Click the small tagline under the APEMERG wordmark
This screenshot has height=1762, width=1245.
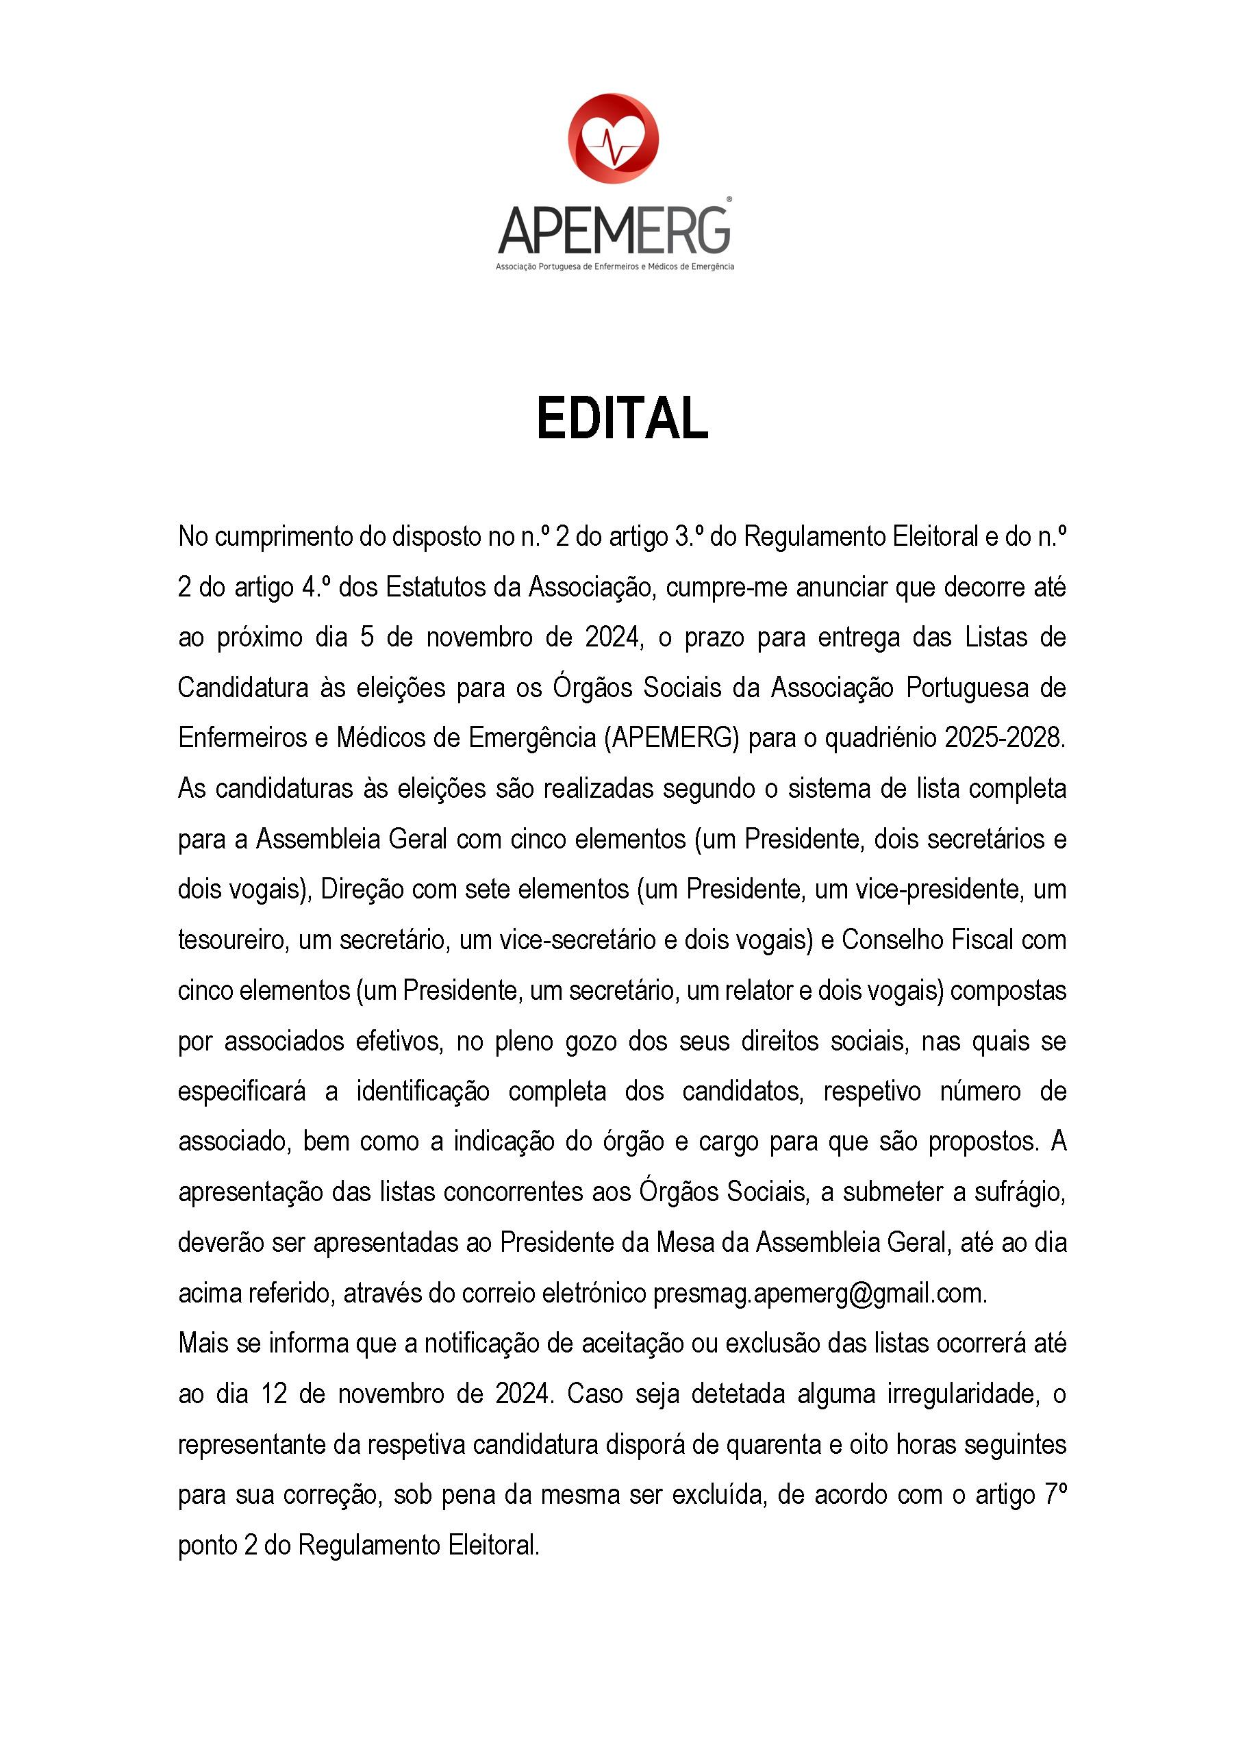[x=615, y=266]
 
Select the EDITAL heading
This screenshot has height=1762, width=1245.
[x=622, y=419]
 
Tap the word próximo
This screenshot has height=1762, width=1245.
[x=260, y=638]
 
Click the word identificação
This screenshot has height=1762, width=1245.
[x=422, y=1090]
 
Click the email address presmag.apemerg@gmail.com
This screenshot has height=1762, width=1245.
[x=819, y=1293]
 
